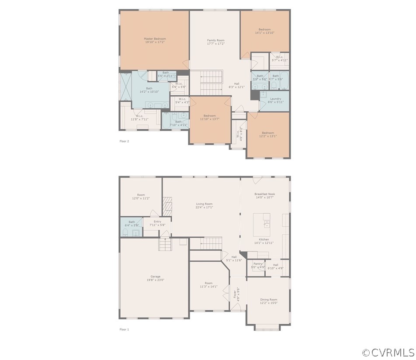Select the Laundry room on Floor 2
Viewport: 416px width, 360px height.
pyautogui.click(x=275, y=100)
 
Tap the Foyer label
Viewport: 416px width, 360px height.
pyautogui.click(x=235, y=293)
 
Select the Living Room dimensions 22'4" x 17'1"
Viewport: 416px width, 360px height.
pyautogui.click(x=204, y=208)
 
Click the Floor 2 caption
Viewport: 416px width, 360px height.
pyautogui.click(x=124, y=141)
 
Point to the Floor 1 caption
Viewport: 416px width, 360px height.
pyautogui.click(x=124, y=329)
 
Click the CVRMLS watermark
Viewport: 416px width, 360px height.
pyautogui.click(x=388, y=352)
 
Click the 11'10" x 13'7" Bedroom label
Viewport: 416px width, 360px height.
pyautogui.click(x=209, y=117)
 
